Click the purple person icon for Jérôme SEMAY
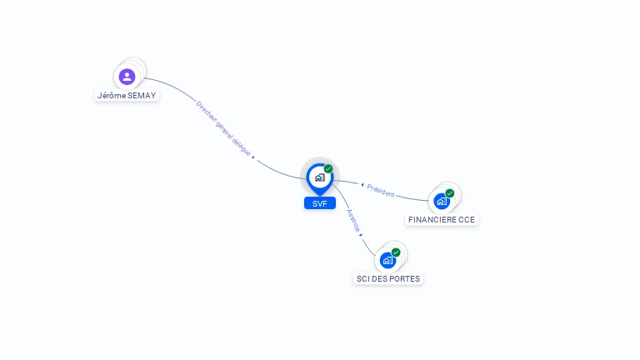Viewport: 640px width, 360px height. point(127,77)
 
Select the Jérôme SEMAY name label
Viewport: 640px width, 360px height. point(127,95)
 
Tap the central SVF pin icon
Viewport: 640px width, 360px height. point(319,177)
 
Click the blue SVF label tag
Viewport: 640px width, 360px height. point(319,203)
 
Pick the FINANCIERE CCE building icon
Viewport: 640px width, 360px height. point(442,201)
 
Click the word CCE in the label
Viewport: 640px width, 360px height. point(467,220)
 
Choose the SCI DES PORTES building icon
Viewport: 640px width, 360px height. point(387,260)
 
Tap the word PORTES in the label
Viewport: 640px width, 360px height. point(406,278)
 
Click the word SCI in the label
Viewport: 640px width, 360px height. point(363,278)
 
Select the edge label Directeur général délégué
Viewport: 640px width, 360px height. point(223,128)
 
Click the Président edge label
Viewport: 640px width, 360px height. point(380,189)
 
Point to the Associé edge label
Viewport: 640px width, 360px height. point(352,219)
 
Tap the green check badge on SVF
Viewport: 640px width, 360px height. point(328,169)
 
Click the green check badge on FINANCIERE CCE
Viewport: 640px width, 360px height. point(450,193)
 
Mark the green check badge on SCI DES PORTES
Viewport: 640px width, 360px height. point(396,252)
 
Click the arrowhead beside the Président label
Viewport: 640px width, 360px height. point(362,184)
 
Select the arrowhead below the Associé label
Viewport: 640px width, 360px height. point(361,235)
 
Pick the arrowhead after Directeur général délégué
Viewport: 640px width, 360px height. point(252,157)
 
